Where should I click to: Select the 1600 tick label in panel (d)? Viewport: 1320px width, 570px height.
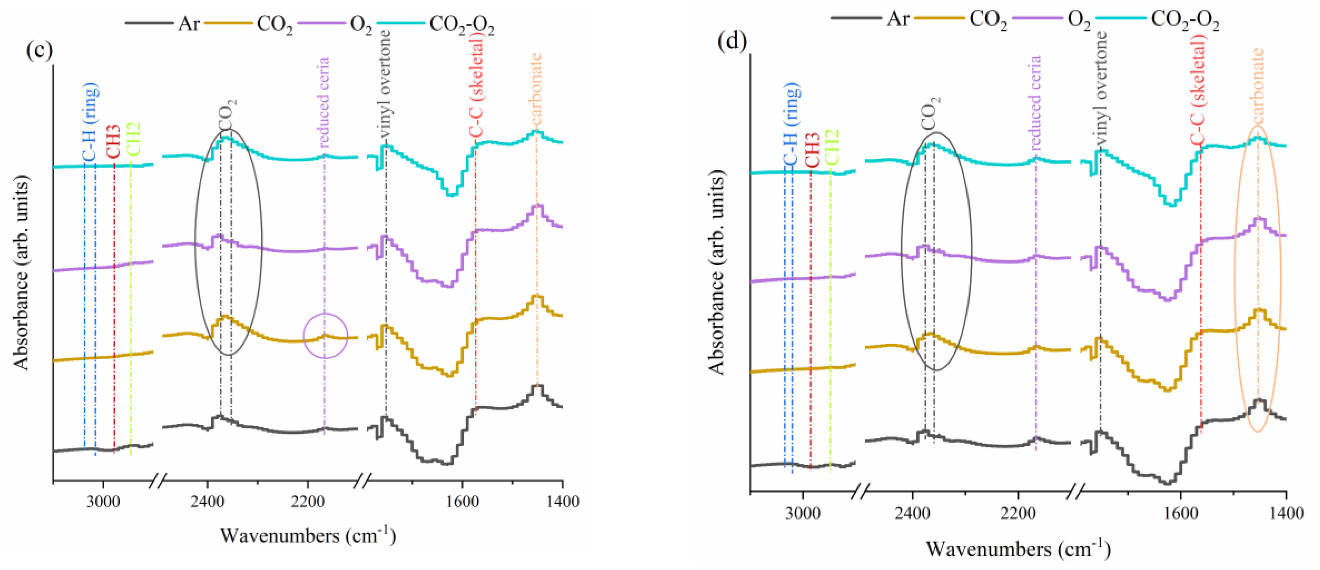[x=1181, y=512]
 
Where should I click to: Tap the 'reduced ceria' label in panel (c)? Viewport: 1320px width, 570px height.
[x=323, y=103]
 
